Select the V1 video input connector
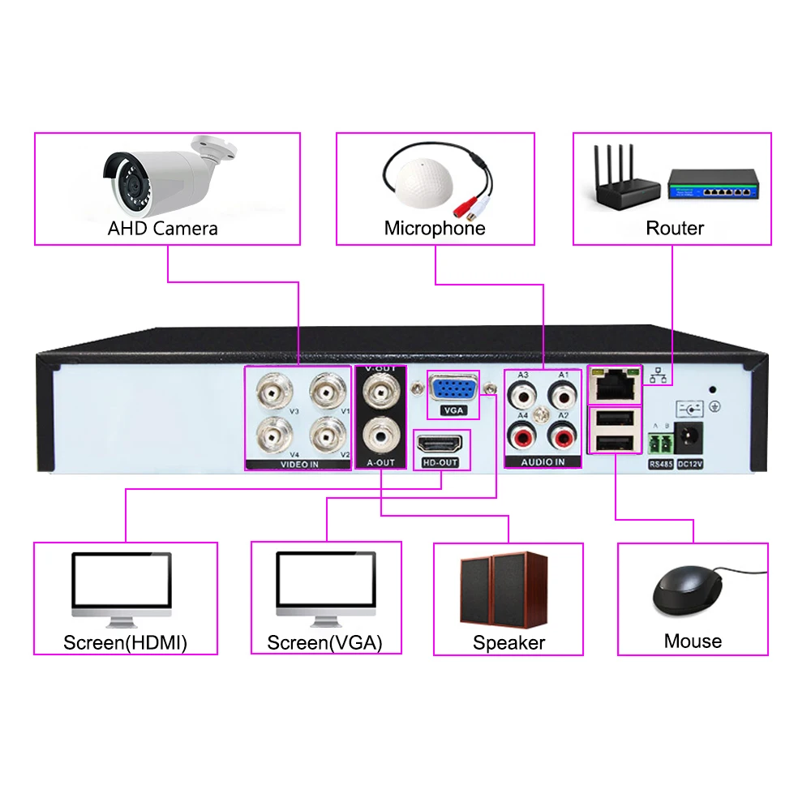(x=328, y=394)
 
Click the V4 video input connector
(x=271, y=436)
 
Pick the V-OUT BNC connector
(x=381, y=393)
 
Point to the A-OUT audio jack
(x=381, y=434)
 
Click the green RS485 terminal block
(x=660, y=443)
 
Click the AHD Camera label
(x=163, y=229)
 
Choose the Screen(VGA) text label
(x=324, y=643)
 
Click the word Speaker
(x=508, y=643)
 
